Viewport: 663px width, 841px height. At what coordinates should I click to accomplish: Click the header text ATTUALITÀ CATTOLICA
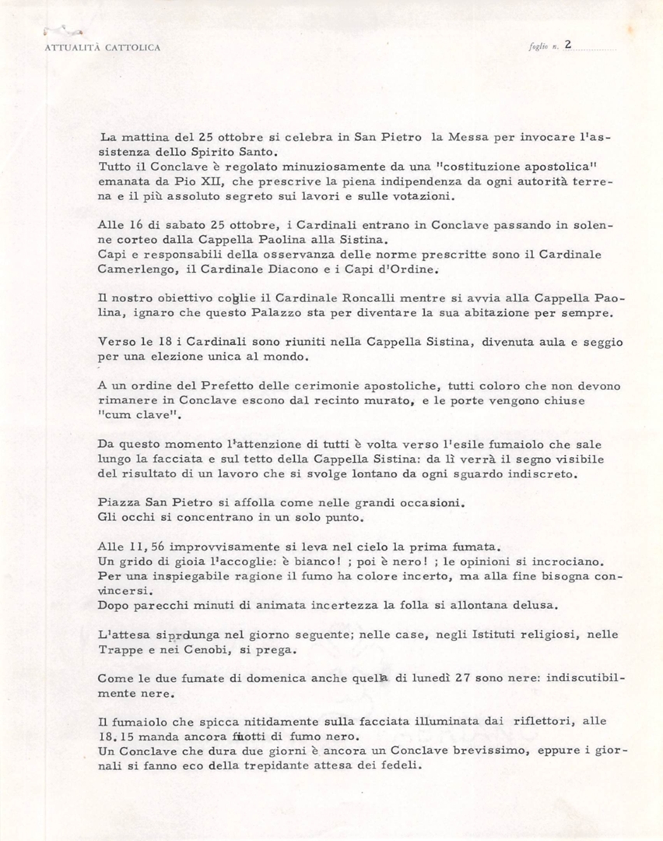[x=103, y=48]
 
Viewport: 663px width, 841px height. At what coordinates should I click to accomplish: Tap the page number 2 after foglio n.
[x=568, y=45]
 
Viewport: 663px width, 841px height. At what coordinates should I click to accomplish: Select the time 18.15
[x=118, y=737]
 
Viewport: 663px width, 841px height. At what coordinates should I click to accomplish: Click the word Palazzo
[x=263, y=313]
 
